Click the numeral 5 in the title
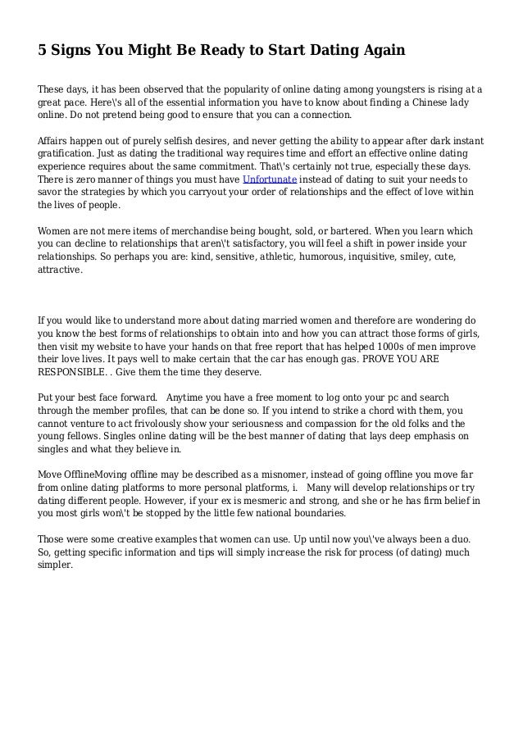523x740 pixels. [x=43, y=51]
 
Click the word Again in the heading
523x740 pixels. [x=380, y=51]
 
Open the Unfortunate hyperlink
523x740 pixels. [x=271, y=179]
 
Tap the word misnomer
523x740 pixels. [x=269, y=474]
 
